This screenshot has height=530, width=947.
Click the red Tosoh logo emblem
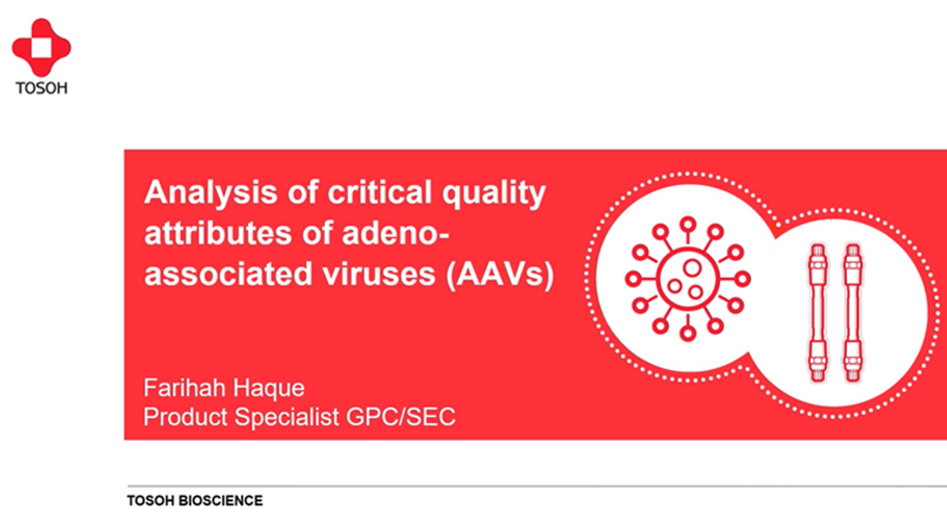click(41, 47)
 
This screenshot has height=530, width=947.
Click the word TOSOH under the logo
click(41, 88)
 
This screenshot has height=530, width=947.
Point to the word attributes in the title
click(218, 233)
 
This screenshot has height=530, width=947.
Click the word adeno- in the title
click(396, 233)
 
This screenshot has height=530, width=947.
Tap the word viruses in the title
click(379, 275)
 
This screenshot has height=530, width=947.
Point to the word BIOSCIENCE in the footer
click(220, 501)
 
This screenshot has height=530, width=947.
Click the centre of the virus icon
click(688, 279)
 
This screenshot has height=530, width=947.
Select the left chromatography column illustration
click(818, 313)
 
